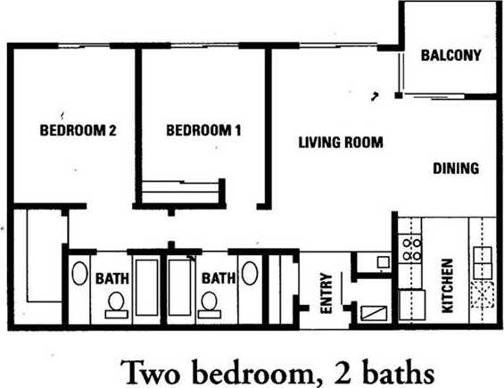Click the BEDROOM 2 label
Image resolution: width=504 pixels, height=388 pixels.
(x=78, y=130)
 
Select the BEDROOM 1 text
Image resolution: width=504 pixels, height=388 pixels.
(x=203, y=130)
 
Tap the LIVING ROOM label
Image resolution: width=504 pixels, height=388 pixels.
(x=340, y=142)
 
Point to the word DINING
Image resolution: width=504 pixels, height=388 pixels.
(x=456, y=168)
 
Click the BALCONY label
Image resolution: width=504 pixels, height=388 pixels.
(x=450, y=55)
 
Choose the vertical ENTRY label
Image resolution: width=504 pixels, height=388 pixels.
(x=326, y=293)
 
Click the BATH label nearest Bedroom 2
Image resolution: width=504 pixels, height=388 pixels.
(x=112, y=278)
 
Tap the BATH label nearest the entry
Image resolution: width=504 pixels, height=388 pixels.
(x=218, y=278)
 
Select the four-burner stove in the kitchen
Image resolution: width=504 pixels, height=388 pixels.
(x=412, y=248)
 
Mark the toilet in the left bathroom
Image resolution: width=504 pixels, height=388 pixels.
(x=114, y=305)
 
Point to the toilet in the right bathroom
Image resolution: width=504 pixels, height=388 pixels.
(x=211, y=305)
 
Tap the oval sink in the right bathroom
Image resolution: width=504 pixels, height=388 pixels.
(x=250, y=273)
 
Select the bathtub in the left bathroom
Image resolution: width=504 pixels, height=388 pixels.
(x=146, y=288)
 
